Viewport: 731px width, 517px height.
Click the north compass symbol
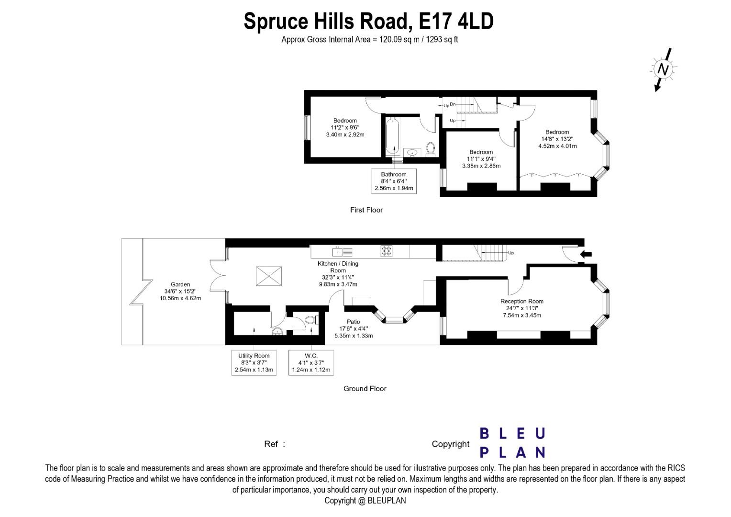click(663, 69)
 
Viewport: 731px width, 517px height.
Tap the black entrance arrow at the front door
click(586, 254)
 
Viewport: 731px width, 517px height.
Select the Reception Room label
click(522, 308)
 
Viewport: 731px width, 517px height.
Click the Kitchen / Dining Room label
click(338, 274)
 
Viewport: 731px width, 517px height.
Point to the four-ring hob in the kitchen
click(387, 251)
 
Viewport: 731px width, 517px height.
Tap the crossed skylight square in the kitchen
click(268, 276)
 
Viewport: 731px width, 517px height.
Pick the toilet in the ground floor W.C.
click(310, 319)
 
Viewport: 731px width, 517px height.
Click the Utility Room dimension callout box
click(254, 362)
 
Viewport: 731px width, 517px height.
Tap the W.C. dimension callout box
click(311, 362)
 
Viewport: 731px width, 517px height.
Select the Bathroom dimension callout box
click(394, 181)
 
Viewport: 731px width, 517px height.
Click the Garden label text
click(180, 291)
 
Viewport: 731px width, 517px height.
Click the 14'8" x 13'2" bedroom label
click(557, 139)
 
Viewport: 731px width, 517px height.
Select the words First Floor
click(366, 210)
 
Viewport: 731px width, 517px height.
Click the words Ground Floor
click(365, 389)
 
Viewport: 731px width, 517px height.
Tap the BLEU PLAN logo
click(512, 443)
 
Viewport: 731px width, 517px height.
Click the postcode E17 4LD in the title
click(456, 21)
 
